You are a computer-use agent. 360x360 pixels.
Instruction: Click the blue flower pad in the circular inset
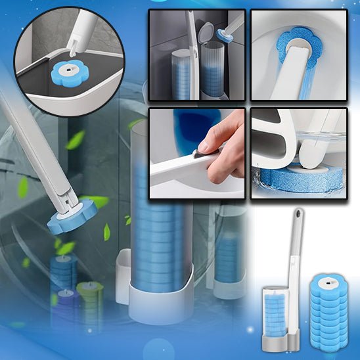(68, 69)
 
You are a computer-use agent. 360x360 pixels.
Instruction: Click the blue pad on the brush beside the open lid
(225, 36)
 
